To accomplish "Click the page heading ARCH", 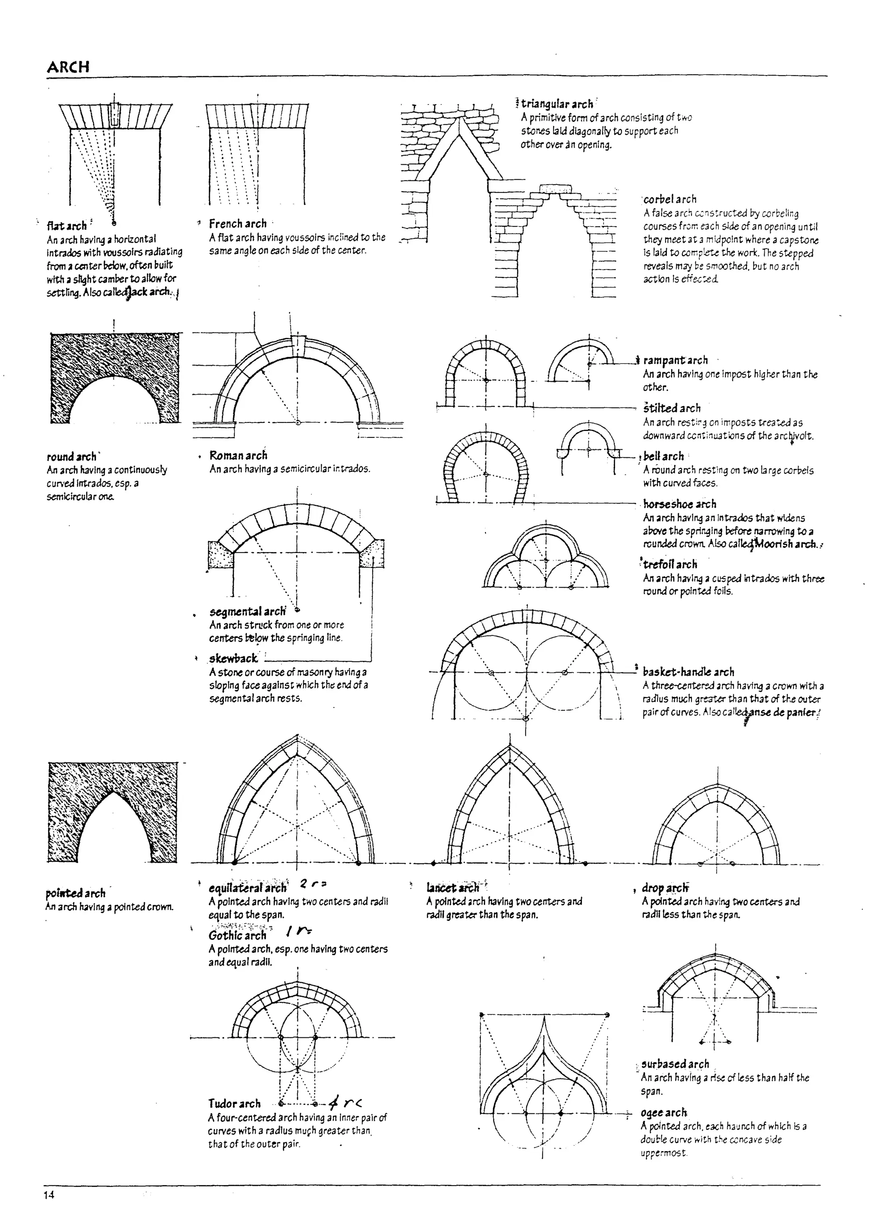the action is point(68,67).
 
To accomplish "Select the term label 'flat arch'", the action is point(66,226).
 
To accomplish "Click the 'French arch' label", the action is point(238,224).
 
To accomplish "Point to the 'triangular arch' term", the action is point(557,104).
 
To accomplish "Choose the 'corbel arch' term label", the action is point(670,200).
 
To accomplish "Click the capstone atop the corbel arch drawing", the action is point(556,189).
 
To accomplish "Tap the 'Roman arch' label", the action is point(238,456).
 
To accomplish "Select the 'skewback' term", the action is point(233,659).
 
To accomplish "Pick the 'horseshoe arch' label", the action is point(679,504).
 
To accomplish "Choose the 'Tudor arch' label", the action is point(234,1103).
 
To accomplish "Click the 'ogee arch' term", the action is point(664,1112).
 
